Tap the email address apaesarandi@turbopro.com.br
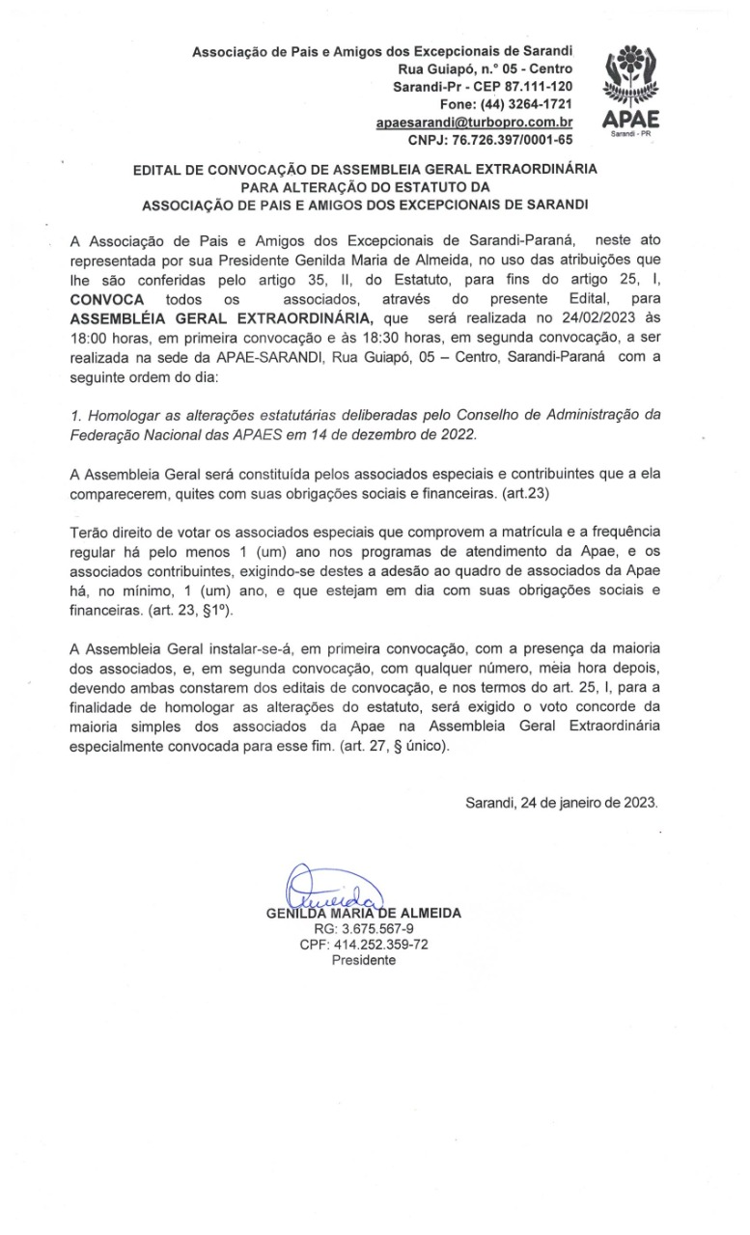tap(475, 123)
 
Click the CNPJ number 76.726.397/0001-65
tap(513, 141)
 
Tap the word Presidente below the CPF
tap(364, 961)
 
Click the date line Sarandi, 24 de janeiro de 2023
tap(561, 802)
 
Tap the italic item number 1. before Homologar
tap(76, 417)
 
